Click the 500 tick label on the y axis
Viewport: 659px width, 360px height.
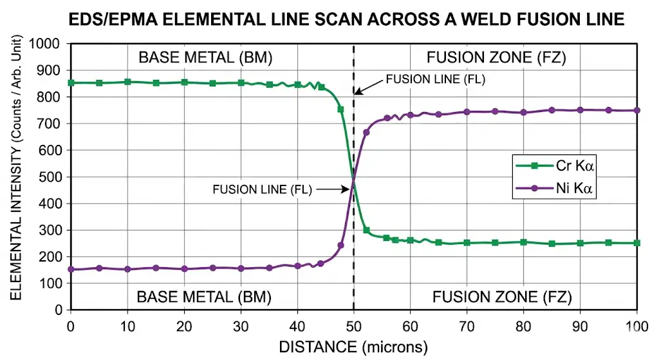[x=53, y=177]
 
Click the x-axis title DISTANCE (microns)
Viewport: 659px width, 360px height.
[x=353, y=347]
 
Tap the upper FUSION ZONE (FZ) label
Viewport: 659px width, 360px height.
[x=496, y=58]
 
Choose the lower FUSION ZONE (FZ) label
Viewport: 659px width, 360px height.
[x=502, y=297]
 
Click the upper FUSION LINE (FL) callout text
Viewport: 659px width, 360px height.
[x=435, y=80]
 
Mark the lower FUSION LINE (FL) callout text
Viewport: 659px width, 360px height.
[x=262, y=190]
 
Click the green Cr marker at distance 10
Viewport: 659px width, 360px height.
[x=127, y=82]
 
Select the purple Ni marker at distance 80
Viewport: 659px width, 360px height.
[x=523, y=112]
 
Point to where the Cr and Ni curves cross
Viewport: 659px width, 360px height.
[x=353, y=180]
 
